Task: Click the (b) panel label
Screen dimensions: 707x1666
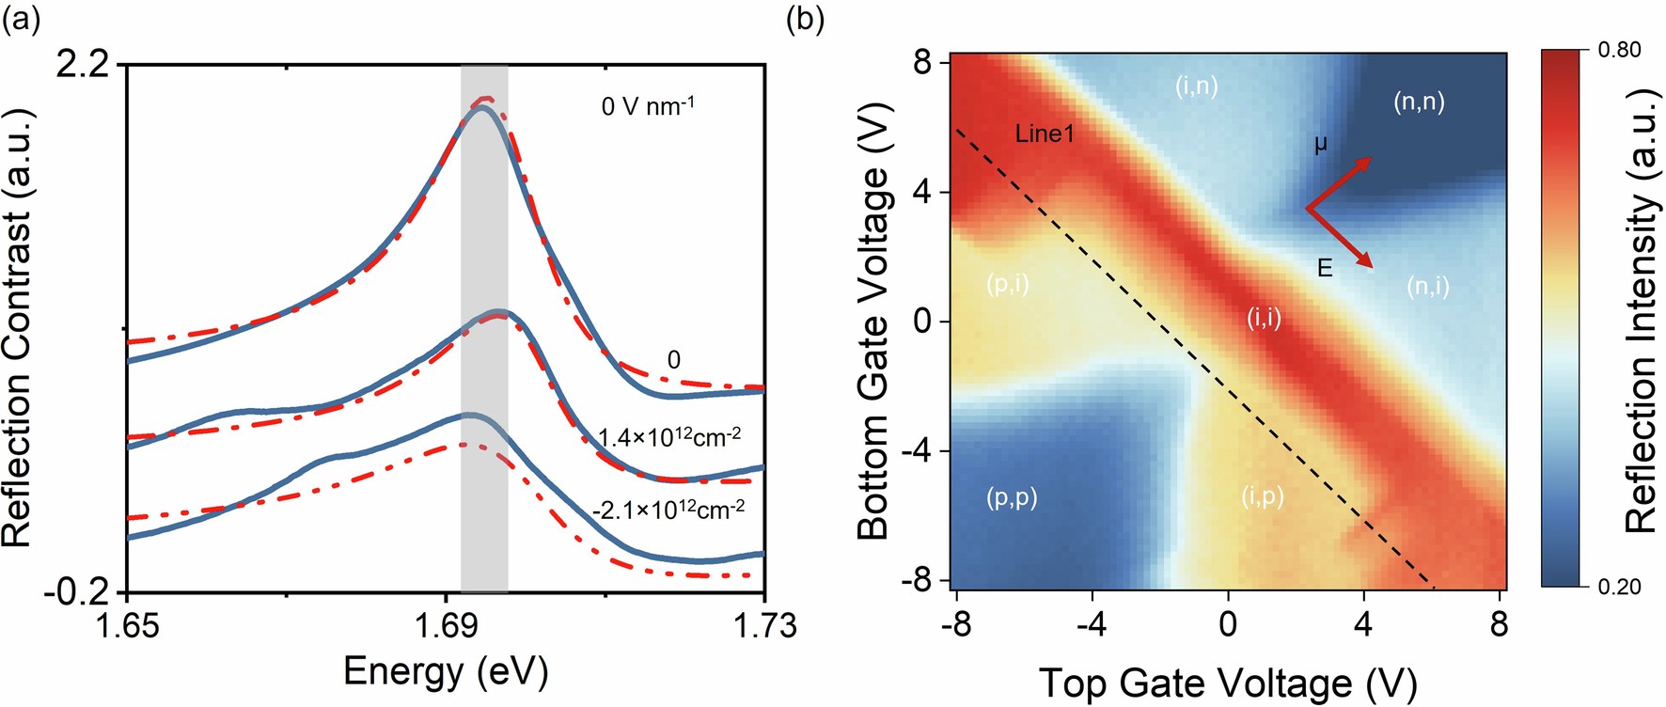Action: [x=805, y=20]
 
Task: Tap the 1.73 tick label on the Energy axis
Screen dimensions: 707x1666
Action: [x=763, y=624]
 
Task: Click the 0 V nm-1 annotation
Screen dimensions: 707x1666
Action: [x=648, y=105]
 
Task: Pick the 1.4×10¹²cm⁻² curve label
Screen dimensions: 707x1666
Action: [x=669, y=437]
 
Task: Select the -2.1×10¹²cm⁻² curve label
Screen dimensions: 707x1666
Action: [x=668, y=511]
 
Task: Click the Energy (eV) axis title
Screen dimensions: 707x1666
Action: [x=445, y=671]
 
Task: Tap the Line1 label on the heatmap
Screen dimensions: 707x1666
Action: [x=1044, y=134]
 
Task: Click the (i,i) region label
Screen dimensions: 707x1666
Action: [x=1264, y=318]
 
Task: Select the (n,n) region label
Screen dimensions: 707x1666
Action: [x=1418, y=102]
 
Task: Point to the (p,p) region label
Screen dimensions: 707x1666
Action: [x=1012, y=496]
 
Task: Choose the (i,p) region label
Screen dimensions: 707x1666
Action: [x=1262, y=496]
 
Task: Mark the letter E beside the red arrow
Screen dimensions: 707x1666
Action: [x=1324, y=269]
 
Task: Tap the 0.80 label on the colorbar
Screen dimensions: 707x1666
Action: [x=1619, y=50]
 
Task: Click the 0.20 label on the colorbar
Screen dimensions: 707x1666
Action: [x=1619, y=587]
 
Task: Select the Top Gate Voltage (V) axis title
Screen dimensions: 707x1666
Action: [x=1227, y=683]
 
